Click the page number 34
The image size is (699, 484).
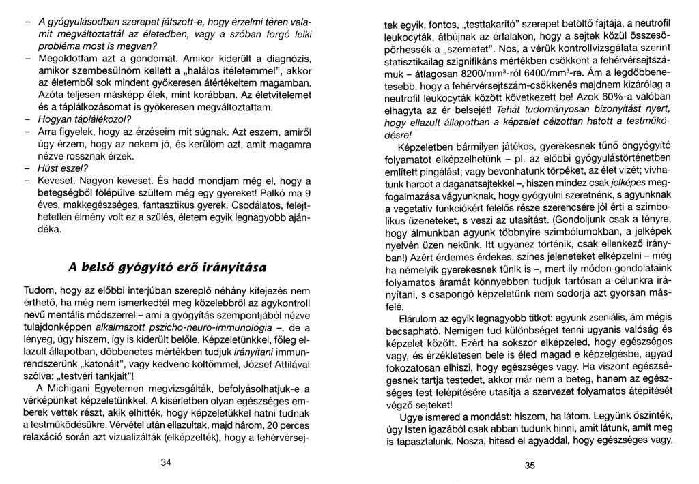pos(165,462)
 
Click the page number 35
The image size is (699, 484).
pos(531,466)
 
